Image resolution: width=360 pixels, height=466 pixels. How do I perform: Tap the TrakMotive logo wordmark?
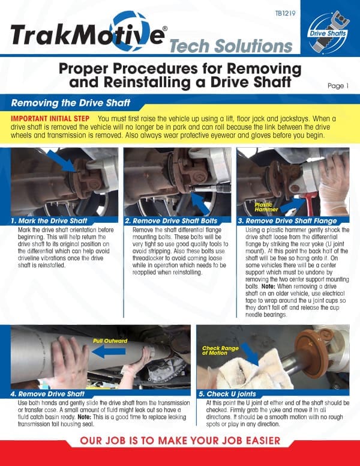87,35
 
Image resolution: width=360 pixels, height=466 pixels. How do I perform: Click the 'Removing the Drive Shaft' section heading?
67,103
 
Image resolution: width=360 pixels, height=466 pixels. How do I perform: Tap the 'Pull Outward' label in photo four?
110,340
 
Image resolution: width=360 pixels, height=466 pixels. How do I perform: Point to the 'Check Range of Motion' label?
221,350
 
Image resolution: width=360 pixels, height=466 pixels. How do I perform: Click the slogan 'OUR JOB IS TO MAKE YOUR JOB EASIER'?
179,440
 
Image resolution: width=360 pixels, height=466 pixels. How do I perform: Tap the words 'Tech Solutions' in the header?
230,46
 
